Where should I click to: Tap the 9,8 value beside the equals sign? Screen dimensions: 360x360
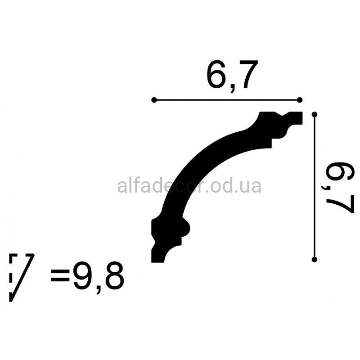pyautogui.click(x=99, y=278)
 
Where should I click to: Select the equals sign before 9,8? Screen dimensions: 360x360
pyautogui.click(x=60, y=276)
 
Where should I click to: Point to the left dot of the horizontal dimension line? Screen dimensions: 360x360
pyautogui.click(x=154, y=100)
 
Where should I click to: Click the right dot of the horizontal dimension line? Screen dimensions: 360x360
pyautogui.click(x=300, y=100)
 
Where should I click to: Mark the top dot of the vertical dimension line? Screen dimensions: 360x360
pyautogui.click(x=315, y=114)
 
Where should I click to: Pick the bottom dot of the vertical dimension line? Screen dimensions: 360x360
pyautogui.click(x=315, y=260)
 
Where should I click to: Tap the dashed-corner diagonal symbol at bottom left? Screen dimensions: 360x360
pyautogui.click(x=21, y=278)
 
